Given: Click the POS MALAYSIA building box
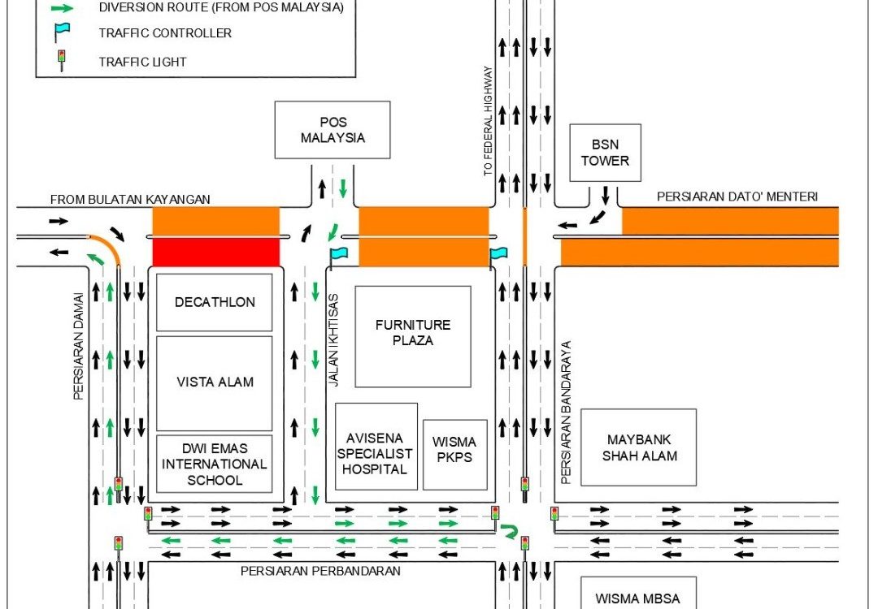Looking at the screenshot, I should pyautogui.click(x=333, y=130).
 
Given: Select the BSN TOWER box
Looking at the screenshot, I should pyautogui.click(x=605, y=153).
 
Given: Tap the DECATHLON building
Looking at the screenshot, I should pyautogui.click(x=215, y=302).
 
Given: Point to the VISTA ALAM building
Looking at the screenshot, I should pyautogui.click(x=215, y=382).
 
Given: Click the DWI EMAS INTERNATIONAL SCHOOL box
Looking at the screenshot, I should pyautogui.click(x=215, y=464).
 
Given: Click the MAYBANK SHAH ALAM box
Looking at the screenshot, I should pyautogui.click(x=639, y=447).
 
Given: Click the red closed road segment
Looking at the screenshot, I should pyautogui.click(x=216, y=252).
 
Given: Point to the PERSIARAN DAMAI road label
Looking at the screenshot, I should pyautogui.click(x=79, y=346).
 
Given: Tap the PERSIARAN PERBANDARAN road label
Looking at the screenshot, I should pyautogui.click(x=320, y=571).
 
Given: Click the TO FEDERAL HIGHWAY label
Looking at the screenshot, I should pyautogui.click(x=488, y=121).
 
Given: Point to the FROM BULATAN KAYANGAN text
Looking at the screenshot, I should pyautogui.click(x=130, y=199).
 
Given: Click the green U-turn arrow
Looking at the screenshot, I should pyautogui.click(x=510, y=531).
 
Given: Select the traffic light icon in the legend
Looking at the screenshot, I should pyautogui.click(x=61, y=61).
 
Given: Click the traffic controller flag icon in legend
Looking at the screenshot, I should pyautogui.click(x=62, y=32).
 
